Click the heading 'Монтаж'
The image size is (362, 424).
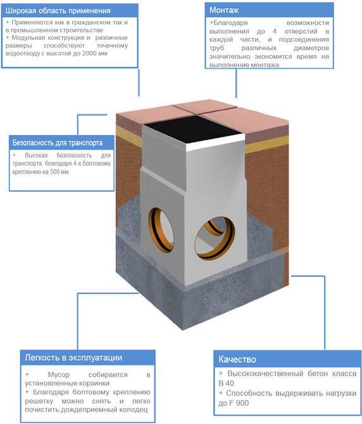click(224, 10)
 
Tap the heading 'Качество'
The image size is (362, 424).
click(237, 360)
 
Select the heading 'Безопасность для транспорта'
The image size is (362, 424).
click(58, 143)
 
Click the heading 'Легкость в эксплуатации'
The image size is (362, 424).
click(73, 358)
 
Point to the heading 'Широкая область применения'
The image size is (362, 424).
click(58, 11)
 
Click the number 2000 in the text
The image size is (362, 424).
click(89, 53)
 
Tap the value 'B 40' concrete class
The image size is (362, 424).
click(226, 384)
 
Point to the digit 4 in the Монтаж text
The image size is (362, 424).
click(275, 32)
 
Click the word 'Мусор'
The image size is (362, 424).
click(59, 375)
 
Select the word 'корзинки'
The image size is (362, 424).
click(94, 384)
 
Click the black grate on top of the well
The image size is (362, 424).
click(193, 128)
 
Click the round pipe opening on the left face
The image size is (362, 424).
click(161, 230)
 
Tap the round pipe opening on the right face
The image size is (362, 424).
click(215, 238)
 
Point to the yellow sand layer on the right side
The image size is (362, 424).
click(266, 144)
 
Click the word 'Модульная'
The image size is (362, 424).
click(28, 38)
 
